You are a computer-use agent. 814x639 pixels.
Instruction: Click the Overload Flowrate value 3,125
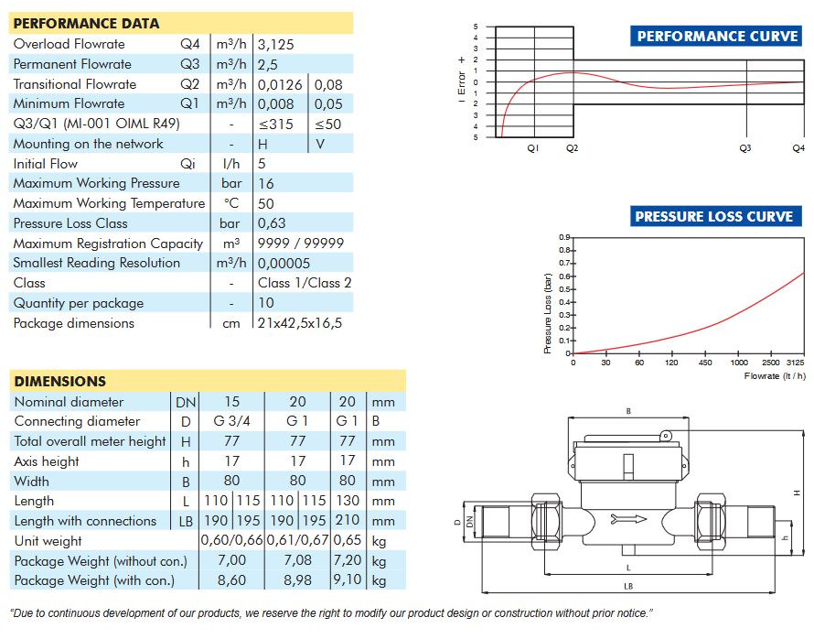point(275,45)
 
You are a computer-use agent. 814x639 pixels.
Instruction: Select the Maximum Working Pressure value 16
point(266,183)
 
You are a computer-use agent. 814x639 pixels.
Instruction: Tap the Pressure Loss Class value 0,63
point(272,223)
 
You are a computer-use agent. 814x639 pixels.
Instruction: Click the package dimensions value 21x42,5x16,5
point(300,323)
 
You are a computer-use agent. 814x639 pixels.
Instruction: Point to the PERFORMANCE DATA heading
point(86,24)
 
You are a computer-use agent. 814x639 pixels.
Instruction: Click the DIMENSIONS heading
point(60,382)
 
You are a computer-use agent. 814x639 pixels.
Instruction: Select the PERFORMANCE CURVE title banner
point(716,36)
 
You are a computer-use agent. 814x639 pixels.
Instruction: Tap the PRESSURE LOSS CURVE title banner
point(715,216)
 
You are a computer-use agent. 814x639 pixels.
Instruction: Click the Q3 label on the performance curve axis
point(745,148)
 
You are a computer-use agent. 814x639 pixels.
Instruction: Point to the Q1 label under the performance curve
point(532,148)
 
